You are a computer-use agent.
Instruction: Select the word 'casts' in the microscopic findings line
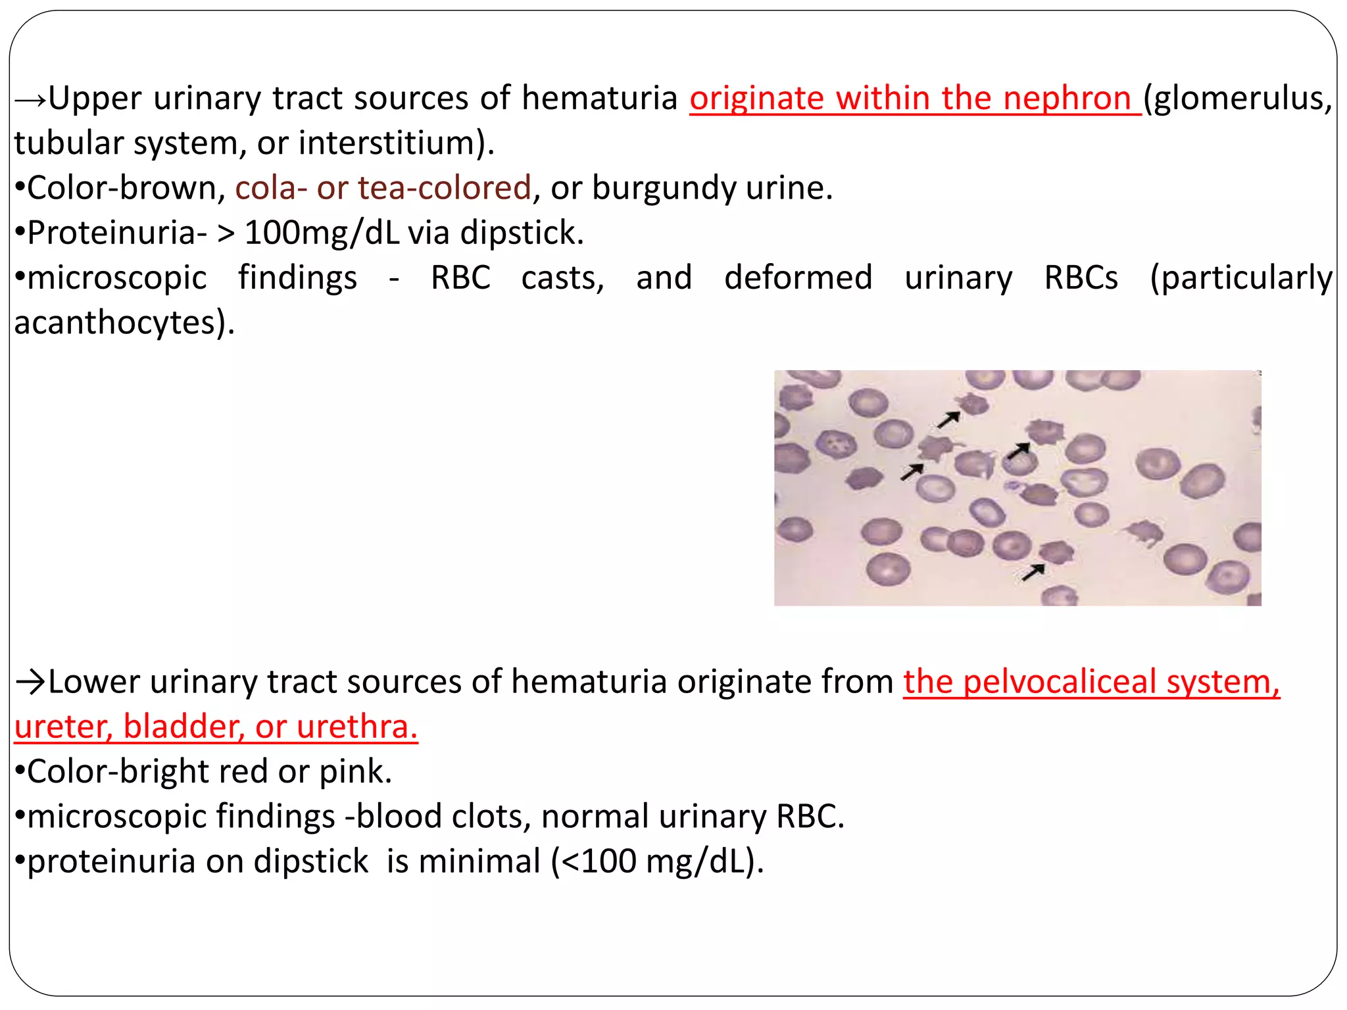coord(562,277)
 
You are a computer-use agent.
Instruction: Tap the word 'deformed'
coord(798,277)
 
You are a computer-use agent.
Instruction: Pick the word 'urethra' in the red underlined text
coord(355,727)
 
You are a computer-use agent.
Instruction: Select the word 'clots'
coord(491,817)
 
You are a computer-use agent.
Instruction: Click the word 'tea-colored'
coord(444,189)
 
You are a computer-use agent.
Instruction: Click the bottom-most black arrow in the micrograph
coord(1033,572)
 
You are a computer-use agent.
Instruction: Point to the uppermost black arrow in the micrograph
coord(948,419)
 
